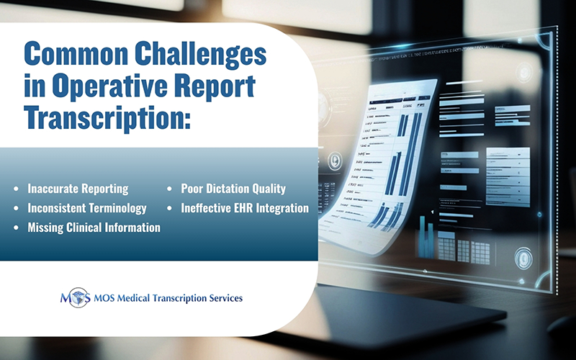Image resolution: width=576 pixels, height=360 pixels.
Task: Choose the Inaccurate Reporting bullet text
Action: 78,189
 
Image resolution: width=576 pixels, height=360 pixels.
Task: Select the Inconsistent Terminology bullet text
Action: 87,208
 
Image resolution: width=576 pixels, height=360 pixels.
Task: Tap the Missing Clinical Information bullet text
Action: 94,228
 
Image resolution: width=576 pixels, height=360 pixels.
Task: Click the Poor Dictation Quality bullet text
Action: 233,189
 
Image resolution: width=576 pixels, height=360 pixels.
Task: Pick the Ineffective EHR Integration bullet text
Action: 244,208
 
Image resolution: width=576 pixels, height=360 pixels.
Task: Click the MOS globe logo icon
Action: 76,297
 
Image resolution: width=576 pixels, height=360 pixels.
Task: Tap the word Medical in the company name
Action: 138,297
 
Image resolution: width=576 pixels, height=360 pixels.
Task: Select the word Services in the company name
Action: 222,297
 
